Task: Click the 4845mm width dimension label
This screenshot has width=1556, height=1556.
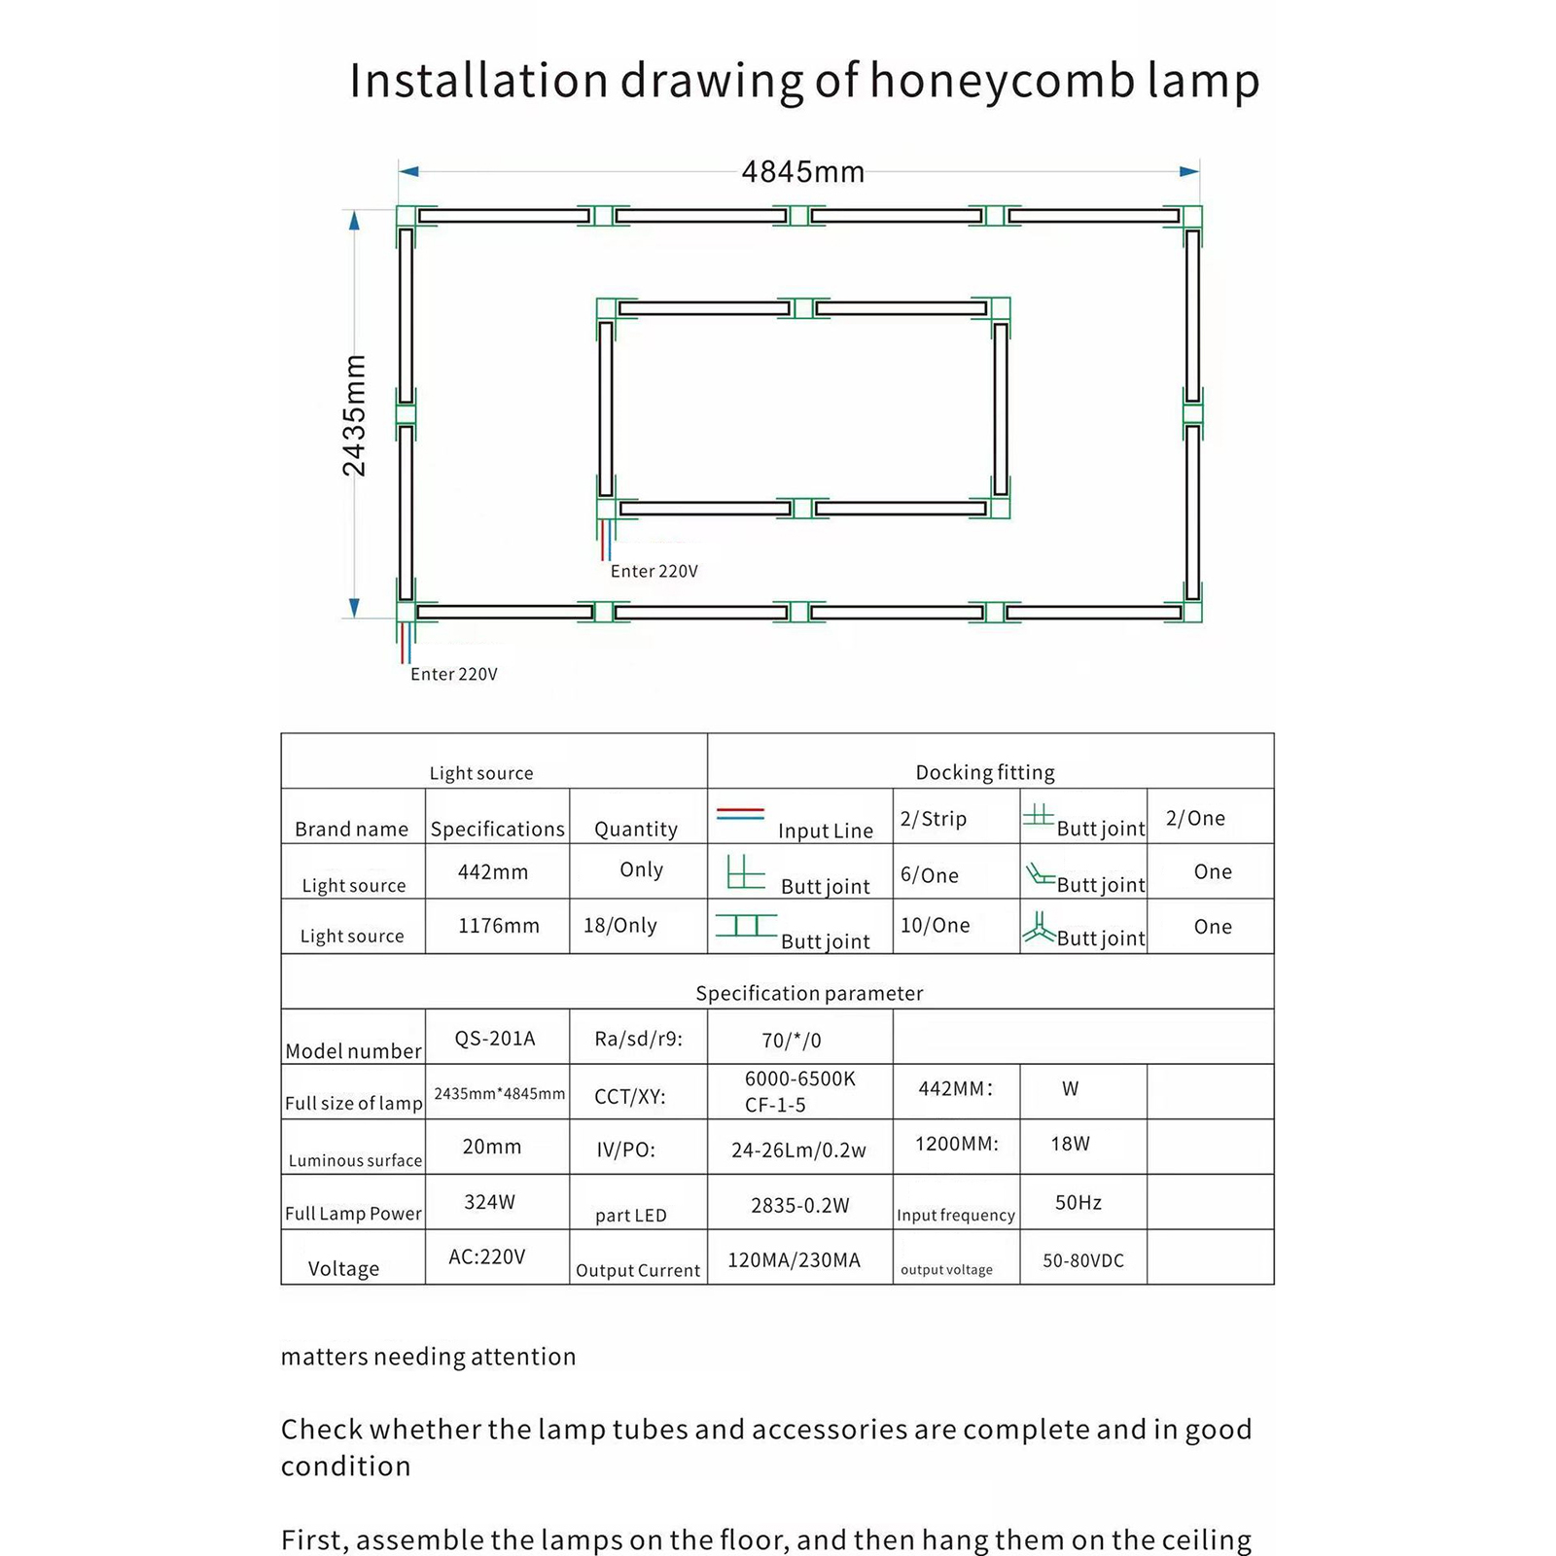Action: click(802, 172)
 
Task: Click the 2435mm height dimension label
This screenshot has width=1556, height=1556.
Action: click(355, 415)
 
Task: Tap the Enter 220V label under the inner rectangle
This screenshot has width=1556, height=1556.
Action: click(654, 571)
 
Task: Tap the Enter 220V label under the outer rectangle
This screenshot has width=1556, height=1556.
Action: click(453, 674)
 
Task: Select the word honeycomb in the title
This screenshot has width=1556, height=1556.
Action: click(1002, 80)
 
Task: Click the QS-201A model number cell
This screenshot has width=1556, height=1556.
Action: click(495, 1039)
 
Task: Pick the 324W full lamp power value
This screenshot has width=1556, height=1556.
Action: click(489, 1202)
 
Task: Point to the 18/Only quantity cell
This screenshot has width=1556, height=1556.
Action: click(620, 925)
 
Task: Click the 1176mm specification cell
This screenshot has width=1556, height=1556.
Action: click(498, 926)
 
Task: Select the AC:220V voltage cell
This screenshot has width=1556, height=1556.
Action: click(486, 1256)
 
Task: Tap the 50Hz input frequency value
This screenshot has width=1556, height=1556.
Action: click(1078, 1203)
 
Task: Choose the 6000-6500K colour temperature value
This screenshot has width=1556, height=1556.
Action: click(799, 1079)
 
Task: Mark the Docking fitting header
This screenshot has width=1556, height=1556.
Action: click(984, 772)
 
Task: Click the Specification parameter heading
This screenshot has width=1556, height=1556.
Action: click(809, 993)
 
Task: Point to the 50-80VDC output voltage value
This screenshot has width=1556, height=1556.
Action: click(1082, 1260)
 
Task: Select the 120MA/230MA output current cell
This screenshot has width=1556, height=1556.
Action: click(794, 1260)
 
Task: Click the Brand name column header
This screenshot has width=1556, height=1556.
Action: click(351, 829)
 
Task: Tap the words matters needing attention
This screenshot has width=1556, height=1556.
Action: click(428, 1357)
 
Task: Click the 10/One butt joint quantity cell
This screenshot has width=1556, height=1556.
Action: click(935, 925)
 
